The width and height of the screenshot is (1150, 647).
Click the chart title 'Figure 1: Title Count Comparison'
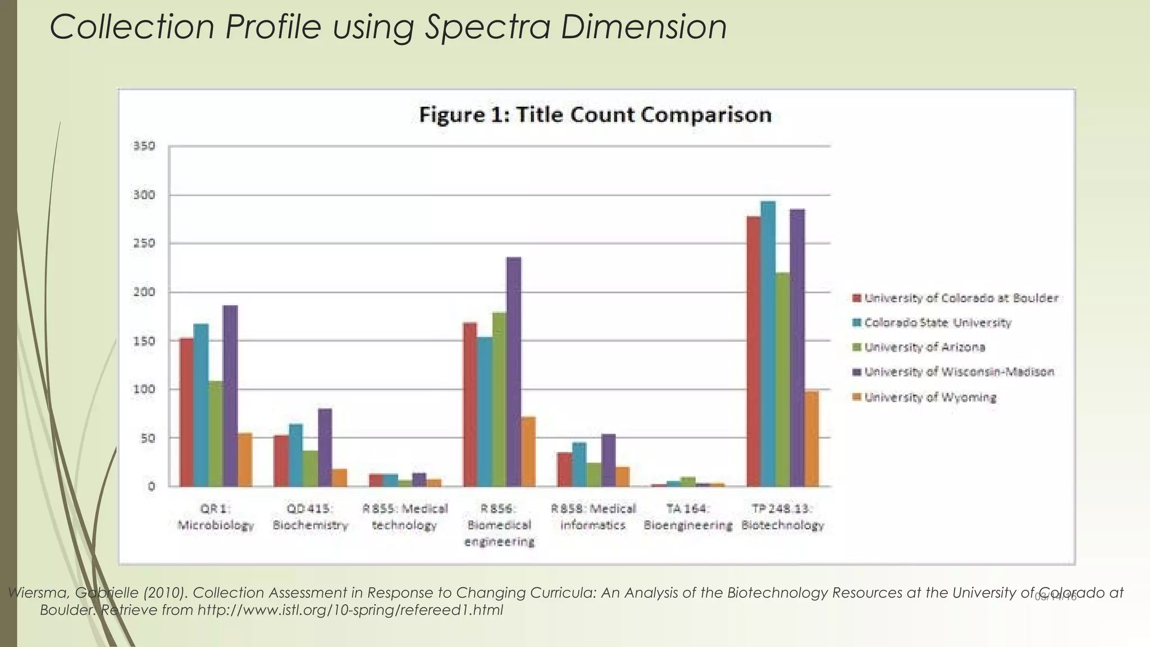[x=595, y=115]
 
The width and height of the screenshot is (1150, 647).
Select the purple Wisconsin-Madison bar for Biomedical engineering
[x=513, y=371]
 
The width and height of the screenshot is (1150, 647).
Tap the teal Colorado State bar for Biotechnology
[x=768, y=343]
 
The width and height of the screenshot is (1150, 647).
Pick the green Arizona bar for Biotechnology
[x=783, y=379]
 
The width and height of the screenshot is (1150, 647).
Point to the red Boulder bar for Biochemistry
[x=281, y=461]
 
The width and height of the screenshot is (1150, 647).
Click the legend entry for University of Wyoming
[x=930, y=398]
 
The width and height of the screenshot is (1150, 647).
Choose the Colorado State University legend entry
[x=937, y=323]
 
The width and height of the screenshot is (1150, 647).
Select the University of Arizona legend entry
[x=924, y=348]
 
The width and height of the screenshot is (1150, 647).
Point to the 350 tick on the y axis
[x=144, y=147]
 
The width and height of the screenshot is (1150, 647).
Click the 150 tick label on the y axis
[x=144, y=341]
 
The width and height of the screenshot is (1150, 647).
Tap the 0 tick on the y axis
[x=151, y=486]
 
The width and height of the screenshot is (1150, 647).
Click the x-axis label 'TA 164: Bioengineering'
[x=688, y=517]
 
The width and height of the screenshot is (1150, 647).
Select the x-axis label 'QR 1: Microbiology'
[x=216, y=517]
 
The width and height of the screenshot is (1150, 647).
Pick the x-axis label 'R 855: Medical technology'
[x=404, y=517]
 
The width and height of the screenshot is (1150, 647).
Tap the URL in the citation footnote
[x=350, y=610]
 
